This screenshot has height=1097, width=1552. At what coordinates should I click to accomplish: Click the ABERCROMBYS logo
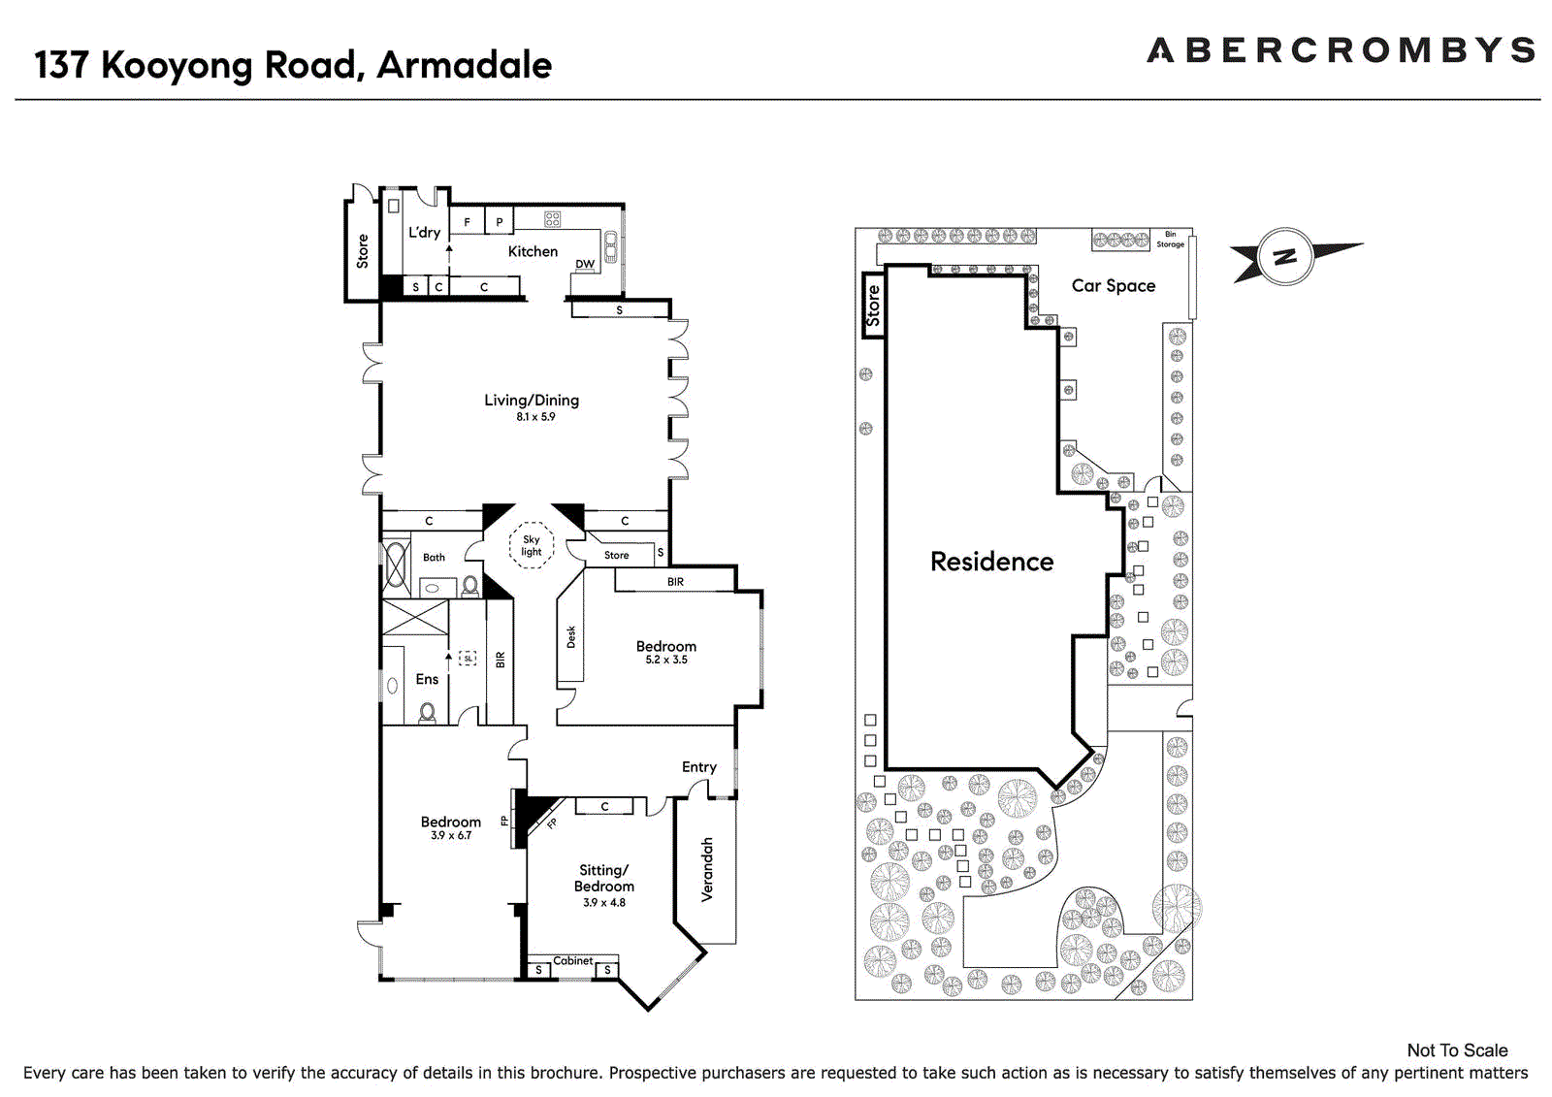(x=1341, y=50)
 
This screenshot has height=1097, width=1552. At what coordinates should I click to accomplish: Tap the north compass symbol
(x=1286, y=256)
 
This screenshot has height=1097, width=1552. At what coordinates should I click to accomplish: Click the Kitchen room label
(x=533, y=251)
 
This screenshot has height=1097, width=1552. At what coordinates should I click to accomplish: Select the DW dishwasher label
(x=585, y=264)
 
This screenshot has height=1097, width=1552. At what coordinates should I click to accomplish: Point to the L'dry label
(x=424, y=232)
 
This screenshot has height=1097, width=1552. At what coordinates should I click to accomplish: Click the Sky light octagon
(x=532, y=545)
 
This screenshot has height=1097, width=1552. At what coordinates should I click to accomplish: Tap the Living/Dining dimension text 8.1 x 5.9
(x=535, y=416)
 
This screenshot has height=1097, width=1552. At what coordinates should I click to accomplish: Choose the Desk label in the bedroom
(x=571, y=637)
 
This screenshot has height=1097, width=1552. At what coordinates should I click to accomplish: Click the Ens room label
(x=427, y=679)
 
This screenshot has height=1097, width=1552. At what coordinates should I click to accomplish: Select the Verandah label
(x=707, y=870)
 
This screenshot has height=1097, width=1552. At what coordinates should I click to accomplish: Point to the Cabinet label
(x=572, y=960)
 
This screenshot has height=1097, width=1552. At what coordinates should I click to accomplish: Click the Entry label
(x=699, y=767)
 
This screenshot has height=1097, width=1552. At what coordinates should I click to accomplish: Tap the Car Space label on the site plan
(x=1114, y=285)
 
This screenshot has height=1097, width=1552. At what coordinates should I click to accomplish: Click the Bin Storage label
(x=1170, y=239)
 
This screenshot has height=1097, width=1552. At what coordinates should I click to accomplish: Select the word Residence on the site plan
(x=991, y=562)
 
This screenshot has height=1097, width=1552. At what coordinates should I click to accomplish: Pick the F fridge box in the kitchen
(x=467, y=222)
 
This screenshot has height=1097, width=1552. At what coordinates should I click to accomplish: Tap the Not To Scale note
(x=1457, y=1050)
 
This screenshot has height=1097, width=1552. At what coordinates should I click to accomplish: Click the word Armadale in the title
(x=465, y=65)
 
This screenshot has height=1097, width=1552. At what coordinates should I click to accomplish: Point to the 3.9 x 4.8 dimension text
(x=604, y=902)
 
